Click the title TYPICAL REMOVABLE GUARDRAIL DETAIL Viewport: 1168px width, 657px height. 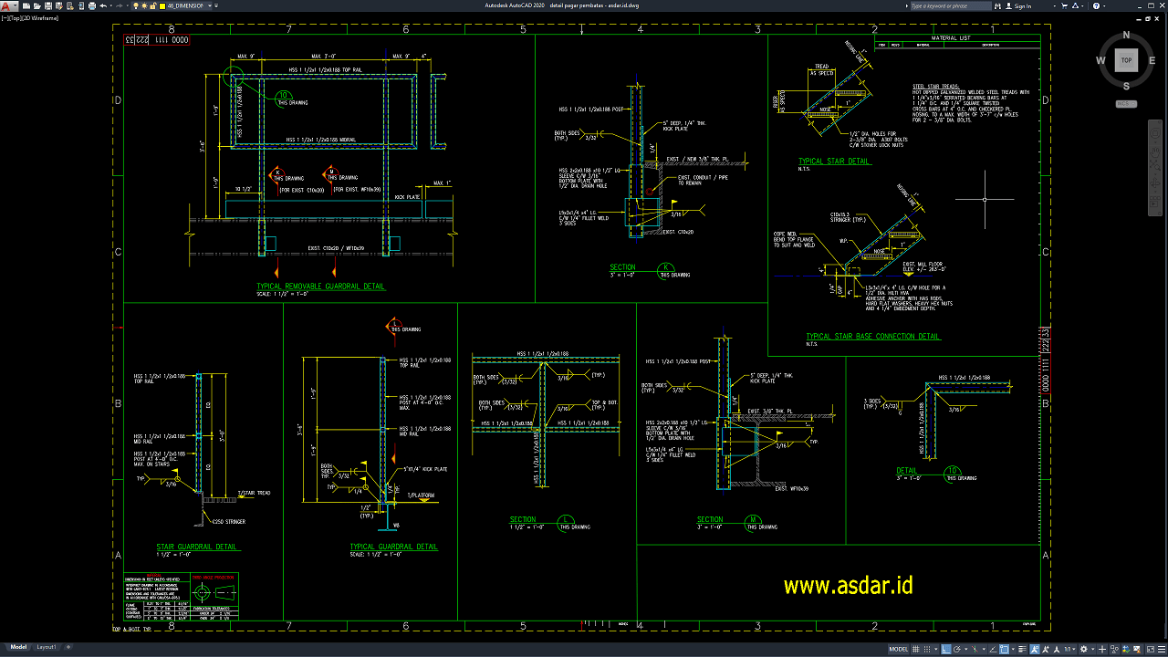point(321,287)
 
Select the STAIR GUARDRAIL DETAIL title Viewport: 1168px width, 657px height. point(197,547)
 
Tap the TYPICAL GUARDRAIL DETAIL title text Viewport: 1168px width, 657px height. point(393,547)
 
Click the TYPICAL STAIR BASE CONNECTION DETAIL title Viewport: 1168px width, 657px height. point(873,337)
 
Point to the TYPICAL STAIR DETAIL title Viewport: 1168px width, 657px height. point(834,162)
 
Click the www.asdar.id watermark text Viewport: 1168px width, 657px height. point(848,586)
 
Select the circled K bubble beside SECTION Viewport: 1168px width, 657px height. point(665,268)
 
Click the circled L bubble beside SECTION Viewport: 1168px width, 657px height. point(567,520)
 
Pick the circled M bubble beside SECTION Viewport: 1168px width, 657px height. point(753,520)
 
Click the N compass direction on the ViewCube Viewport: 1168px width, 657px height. point(1126,36)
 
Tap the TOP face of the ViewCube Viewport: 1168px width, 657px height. point(1126,61)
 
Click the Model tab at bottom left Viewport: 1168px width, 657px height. point(18,647)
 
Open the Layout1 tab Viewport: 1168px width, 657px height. point(46,647)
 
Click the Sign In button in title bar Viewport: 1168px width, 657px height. point(1022,5)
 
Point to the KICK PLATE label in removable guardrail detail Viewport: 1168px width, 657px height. point(407,197)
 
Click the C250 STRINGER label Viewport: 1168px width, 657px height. point(228,522)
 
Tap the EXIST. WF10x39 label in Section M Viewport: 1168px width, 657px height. point(792,489)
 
